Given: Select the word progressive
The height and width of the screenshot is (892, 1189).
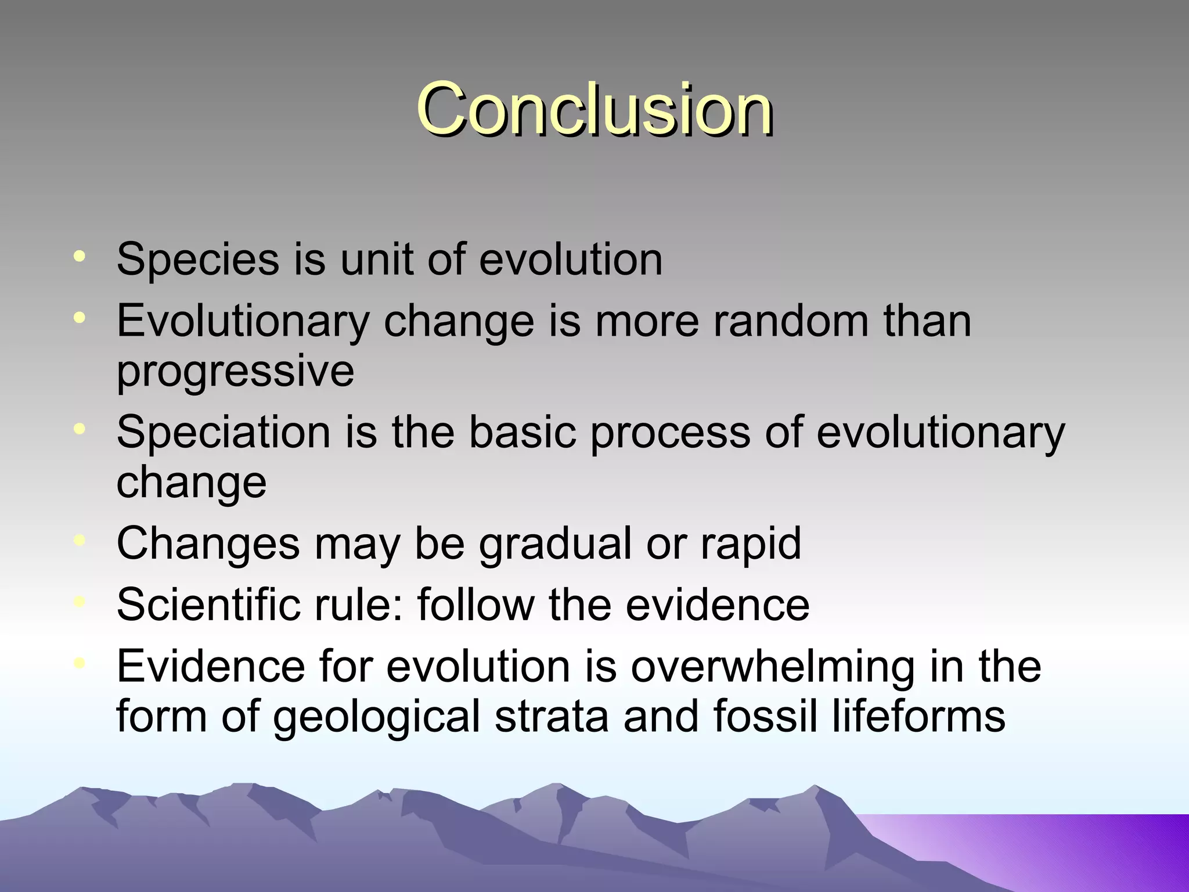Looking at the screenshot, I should coord(235,372).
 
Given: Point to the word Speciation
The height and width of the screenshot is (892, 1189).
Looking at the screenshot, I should coord(224,432).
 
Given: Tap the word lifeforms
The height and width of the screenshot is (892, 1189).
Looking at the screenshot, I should coord(918,715).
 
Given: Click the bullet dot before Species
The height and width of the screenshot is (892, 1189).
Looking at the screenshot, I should coord(80,256).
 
